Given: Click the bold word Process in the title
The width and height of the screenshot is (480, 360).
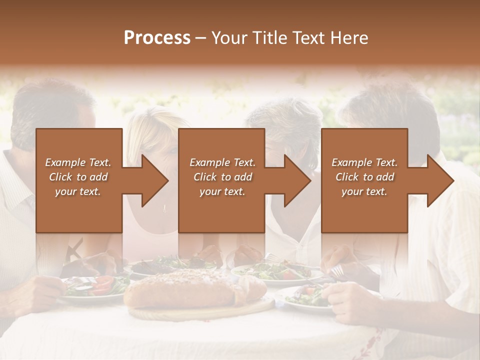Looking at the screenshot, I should click(x=157, y=38).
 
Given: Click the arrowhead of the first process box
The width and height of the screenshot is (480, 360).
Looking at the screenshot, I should click(x=152, y=180).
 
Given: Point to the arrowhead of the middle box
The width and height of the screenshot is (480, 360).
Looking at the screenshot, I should click(x=295, y=180).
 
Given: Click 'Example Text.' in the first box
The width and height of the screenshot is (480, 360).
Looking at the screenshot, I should click(x=78, y=162).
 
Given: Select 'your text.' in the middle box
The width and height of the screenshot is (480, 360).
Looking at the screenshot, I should click(x=222, y=191).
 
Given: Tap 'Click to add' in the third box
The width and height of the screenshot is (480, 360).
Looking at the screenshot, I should click(x=364, y=177).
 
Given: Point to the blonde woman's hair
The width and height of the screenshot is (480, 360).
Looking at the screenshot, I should click(x=150, y=125).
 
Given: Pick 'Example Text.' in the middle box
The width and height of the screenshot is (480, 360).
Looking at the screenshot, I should click(x=222, y=162).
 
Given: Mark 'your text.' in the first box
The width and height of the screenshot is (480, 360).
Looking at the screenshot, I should click(x=78, y=191).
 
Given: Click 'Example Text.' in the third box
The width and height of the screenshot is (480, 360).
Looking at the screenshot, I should click(x=364, y=162).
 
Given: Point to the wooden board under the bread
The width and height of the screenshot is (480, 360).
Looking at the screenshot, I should click(x=200, y=312).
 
